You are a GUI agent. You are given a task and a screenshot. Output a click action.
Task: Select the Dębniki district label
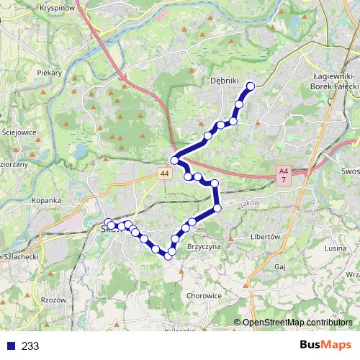(225, 81)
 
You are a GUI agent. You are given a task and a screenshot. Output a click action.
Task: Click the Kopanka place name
(48, 200)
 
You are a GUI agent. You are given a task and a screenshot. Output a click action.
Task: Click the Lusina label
(336, 248)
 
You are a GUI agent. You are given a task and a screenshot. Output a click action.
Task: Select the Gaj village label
(281, 266)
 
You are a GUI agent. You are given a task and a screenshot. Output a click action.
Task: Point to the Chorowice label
(204, 295)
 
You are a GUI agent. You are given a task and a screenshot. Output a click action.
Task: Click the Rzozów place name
(53, 300)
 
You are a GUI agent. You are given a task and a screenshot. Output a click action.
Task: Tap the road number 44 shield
(166, 174)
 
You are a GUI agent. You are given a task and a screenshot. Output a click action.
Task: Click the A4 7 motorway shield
(283, 174)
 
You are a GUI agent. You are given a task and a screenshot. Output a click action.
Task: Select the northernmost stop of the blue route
(251, 86)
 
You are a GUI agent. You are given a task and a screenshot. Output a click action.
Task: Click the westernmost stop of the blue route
(109, 222)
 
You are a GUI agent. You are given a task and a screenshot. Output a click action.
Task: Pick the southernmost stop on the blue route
(168, 255)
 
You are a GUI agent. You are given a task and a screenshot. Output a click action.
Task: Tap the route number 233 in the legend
(30, 346)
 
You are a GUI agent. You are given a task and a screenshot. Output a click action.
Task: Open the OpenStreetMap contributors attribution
(297, 322)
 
